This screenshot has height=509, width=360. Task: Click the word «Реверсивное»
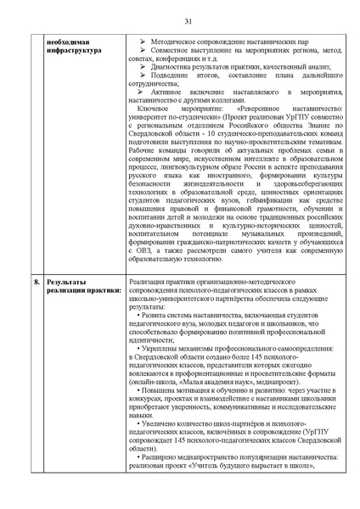click(x=262, y=112)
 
